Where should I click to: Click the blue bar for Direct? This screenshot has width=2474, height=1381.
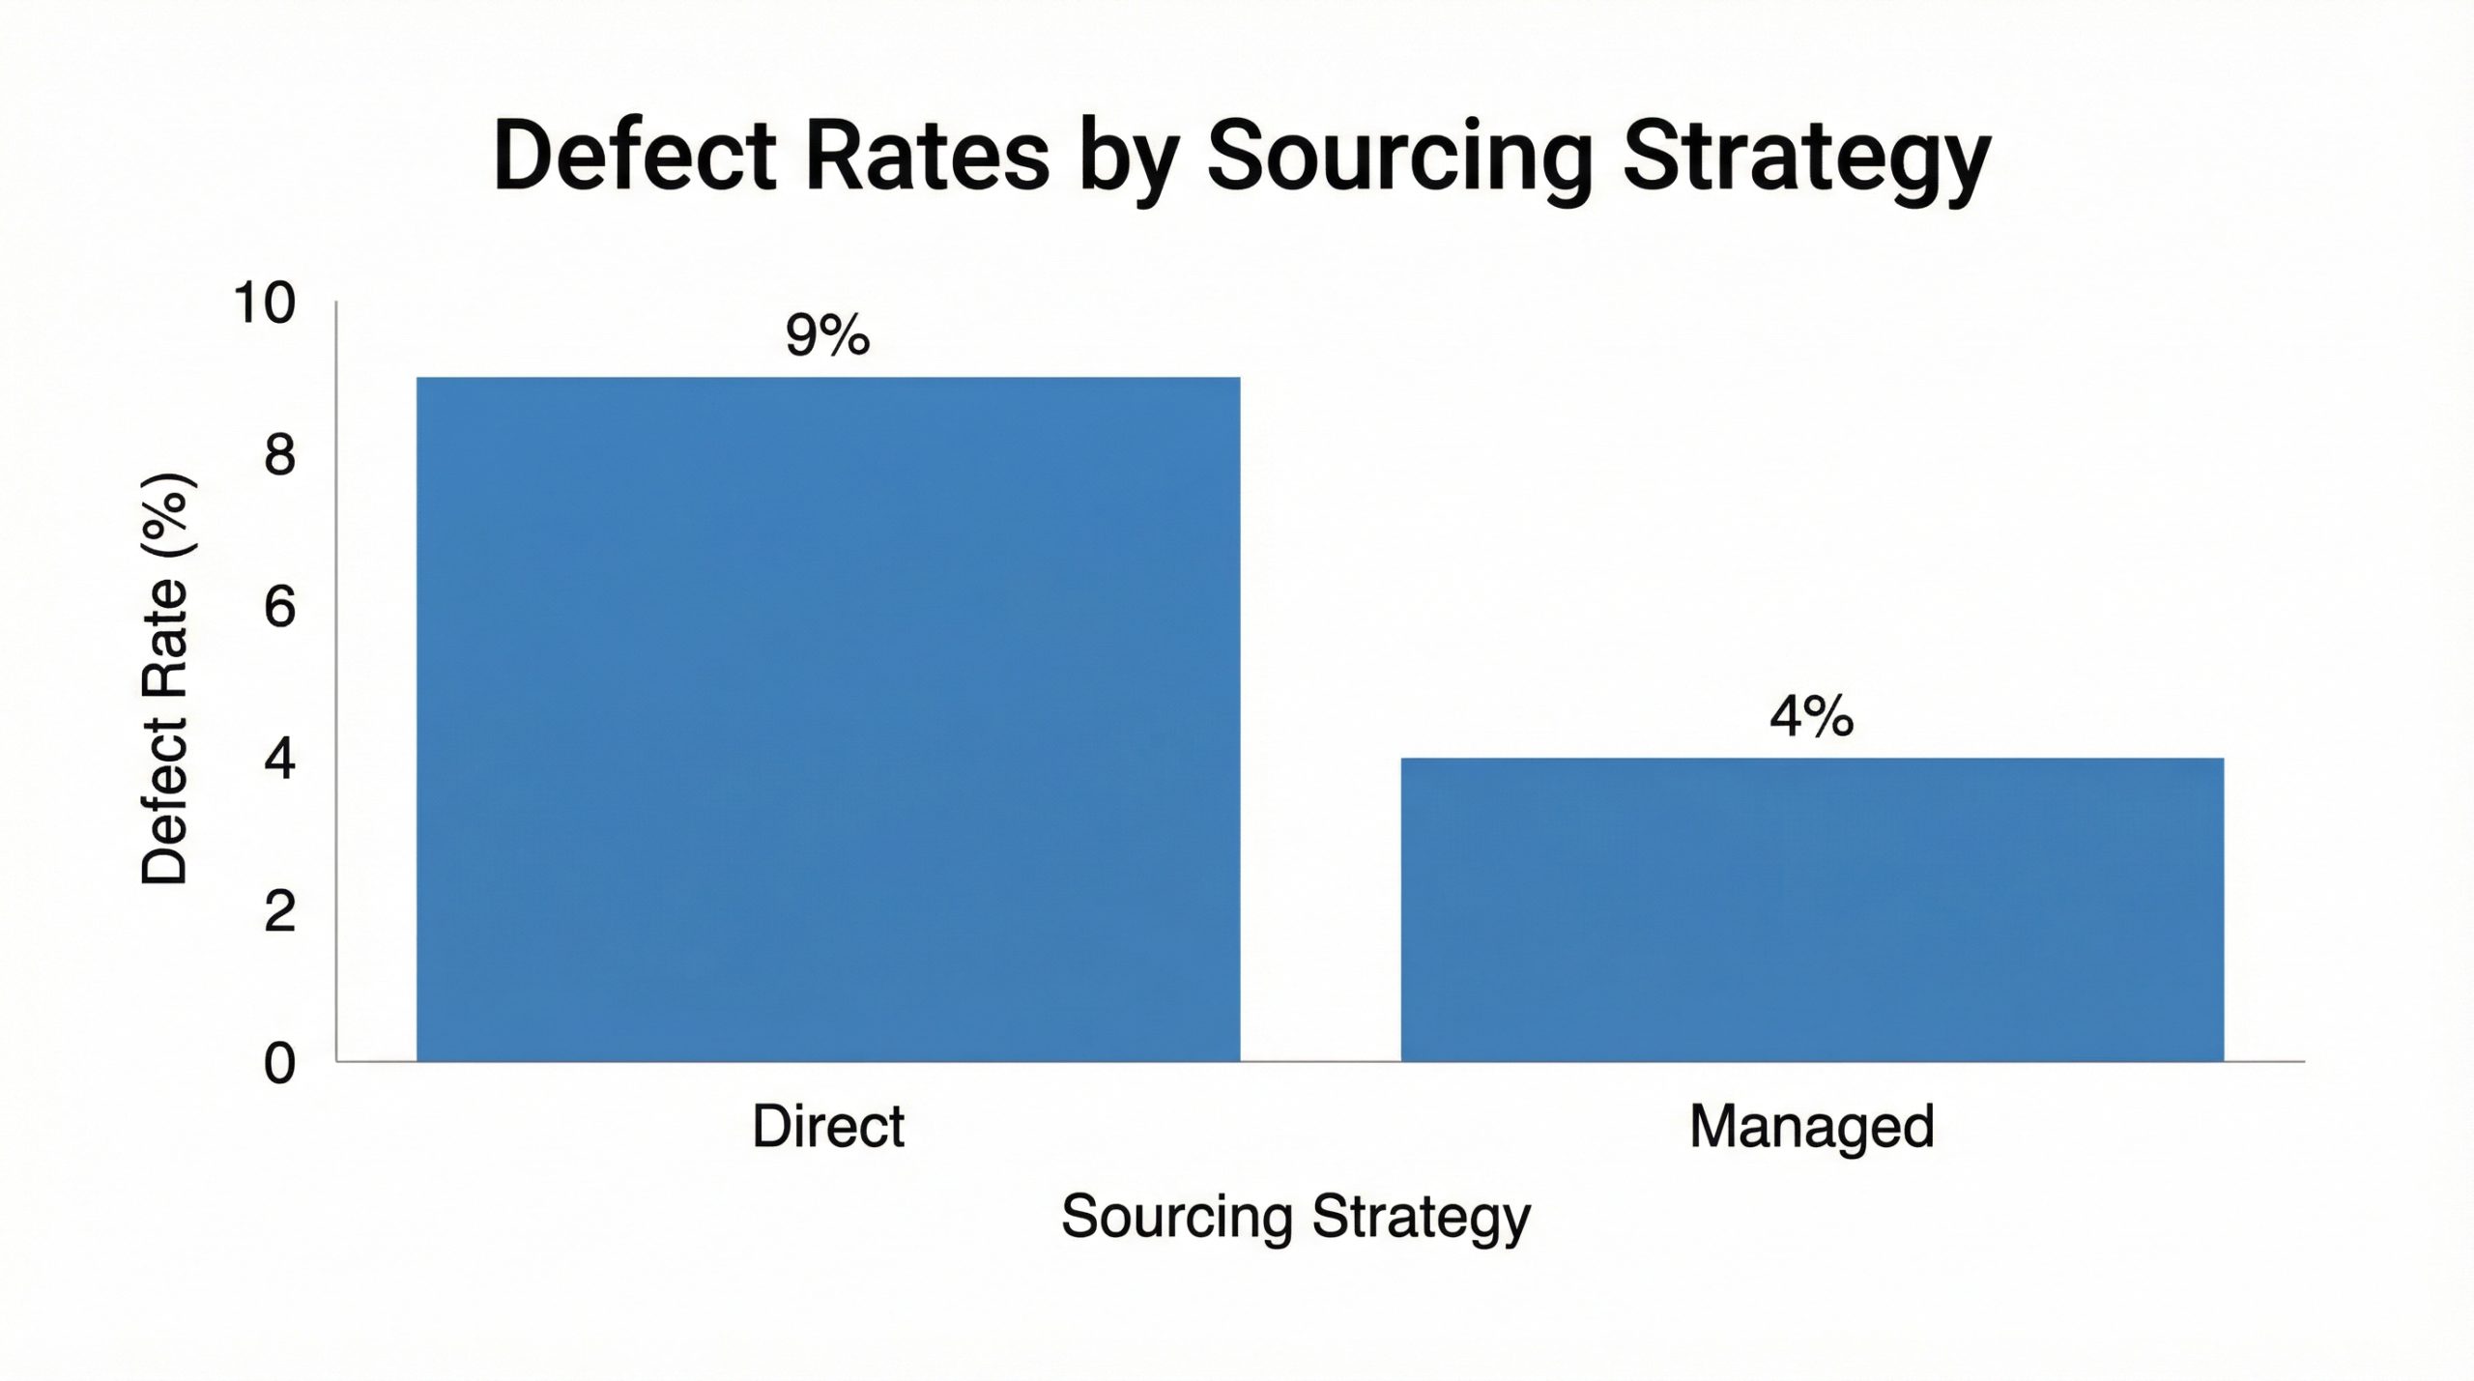coord(828,719)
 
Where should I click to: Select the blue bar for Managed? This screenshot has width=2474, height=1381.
coord(1812,909)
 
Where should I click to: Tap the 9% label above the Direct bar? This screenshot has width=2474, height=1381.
coord(828,335)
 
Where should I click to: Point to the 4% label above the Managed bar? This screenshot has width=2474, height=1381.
coord(1812,717)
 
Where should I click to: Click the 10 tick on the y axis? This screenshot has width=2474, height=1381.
coord(264,303)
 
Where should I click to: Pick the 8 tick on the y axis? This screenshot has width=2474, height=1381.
coord(279,456)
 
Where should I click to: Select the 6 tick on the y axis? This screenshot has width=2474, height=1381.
coord(279,609)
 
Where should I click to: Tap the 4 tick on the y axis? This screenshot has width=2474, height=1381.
coord(279,761)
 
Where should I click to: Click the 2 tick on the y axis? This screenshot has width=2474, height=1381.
coord(279,911)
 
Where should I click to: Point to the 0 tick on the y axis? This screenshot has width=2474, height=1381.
coord(279,1064)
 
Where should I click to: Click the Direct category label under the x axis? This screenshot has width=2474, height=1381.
coord(828,1127)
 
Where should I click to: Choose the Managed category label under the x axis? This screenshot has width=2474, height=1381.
coord(1812,1127)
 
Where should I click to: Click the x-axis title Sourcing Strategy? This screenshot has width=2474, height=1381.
coord(1296,1218)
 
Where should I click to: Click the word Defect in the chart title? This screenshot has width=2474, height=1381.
coord(634,157)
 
